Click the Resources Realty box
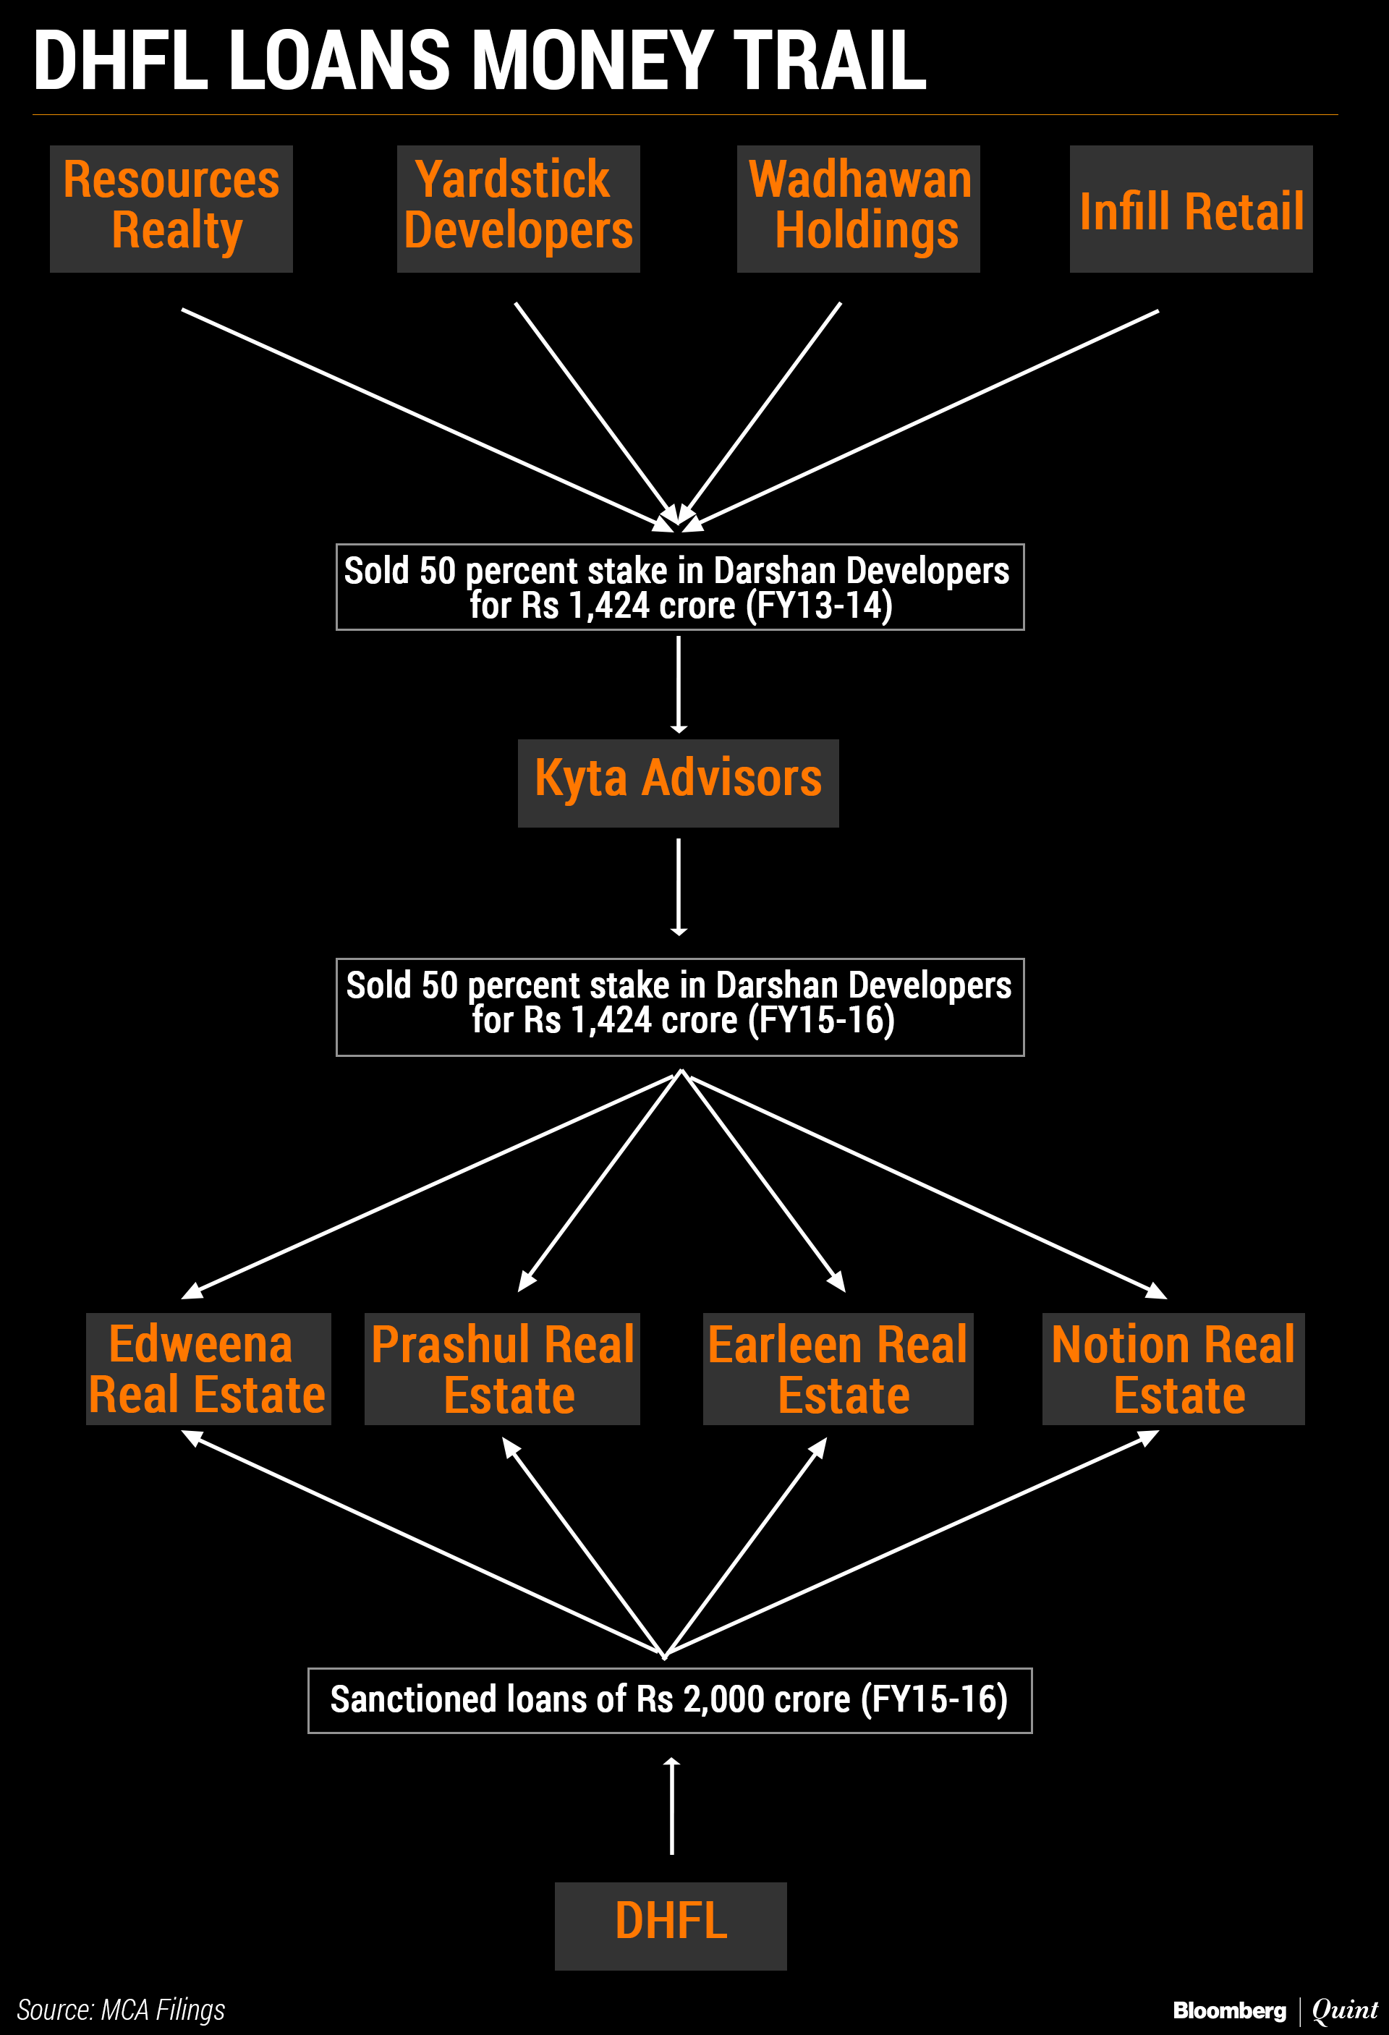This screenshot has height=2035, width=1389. point(171,208)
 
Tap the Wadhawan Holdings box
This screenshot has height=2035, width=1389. point(858,208)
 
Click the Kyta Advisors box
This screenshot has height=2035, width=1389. point(678,782)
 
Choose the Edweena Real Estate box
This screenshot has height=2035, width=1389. point(208,1369)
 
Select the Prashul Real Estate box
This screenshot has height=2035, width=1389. point(502,1369)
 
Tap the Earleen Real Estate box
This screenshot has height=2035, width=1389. point(838,1369)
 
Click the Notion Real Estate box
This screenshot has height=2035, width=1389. point(1173,1369)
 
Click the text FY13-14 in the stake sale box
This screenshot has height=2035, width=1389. point(819,606)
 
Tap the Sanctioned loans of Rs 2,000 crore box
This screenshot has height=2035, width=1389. point(670,1699)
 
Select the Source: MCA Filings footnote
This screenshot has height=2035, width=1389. point(121,2009)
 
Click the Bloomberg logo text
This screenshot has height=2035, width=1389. point(1230,2010)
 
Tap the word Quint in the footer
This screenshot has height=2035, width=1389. point(1345,2010)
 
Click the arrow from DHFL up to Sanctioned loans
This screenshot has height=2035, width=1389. point(672,1806)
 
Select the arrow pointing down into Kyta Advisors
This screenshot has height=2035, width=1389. point(679,685)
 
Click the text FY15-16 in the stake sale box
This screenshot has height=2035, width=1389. point(822,1021)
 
